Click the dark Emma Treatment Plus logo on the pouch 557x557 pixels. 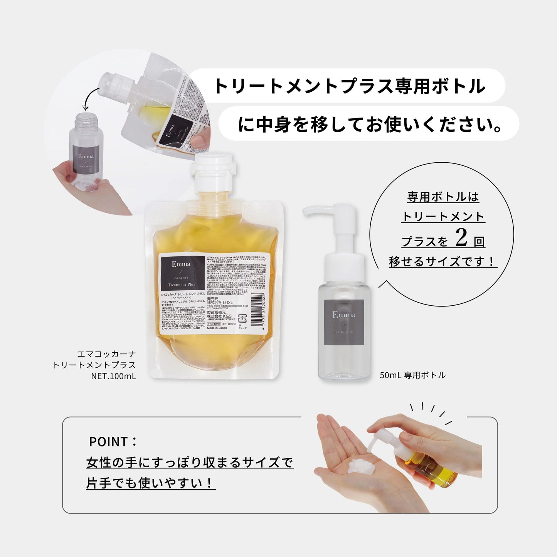pyautogui.click(x=182, y=273)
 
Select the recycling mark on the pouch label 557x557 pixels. pyautogui.click(x=242, y=319)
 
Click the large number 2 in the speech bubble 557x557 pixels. pyautogui.click(x=461, y=238)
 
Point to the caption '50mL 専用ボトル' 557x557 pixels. pyautogui.click(x=412, y=375)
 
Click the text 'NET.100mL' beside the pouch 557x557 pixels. pyautogui.click(x=113, y=376)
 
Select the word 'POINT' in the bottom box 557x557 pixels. pyautogui.click(x=108, y=442)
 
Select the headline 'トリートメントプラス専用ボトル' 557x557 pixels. pyautogui.click(x=349, y=86)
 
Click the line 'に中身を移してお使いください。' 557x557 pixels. pyautogui.click(x=369, y=124)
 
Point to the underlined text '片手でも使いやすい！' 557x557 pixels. pyautogui.click(x=150, y=483)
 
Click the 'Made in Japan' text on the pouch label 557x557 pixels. pyautogui.click(x=217, y=328)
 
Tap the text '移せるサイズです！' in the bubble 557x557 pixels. pyautogui.click(x=442, y=262)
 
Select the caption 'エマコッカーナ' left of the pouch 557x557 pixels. pyautogui.click(x=106, y=354)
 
